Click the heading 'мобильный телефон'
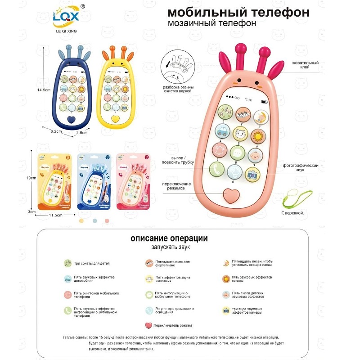point(238,12)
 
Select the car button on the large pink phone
point(222,131)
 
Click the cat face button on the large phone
point(241,134)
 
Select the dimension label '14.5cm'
point(43,90)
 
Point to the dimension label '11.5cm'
point(55,216)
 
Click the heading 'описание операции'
point(169,238)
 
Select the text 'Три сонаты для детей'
point(92,263)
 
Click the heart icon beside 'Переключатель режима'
point(148,325)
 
